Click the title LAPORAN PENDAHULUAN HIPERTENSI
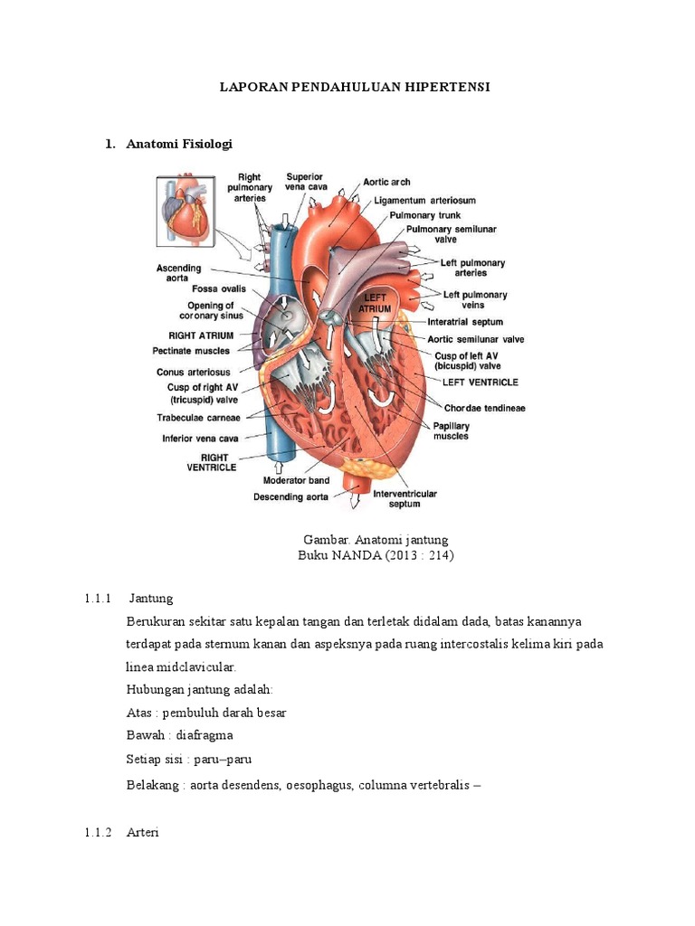tap(356, 88)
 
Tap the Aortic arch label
tap(386, 182)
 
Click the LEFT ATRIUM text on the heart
tap(376, 303)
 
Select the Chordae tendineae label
tap(484, 408)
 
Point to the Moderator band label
tap(296, 480)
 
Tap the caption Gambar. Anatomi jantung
tap(376, 540)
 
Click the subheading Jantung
tap(151, 599)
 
